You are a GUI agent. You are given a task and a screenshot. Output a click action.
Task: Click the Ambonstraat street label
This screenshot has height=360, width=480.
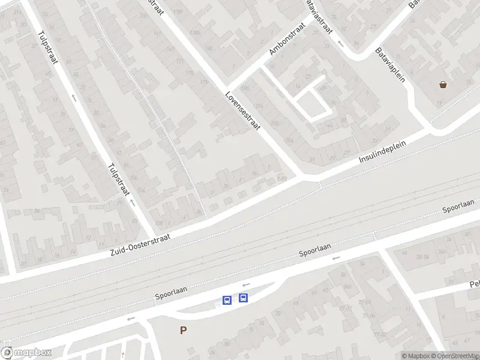coord(287,39)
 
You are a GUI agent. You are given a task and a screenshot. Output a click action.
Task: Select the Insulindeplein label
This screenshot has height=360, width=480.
coord(383,151)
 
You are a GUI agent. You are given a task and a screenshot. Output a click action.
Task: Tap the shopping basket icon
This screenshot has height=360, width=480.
coord(443,85)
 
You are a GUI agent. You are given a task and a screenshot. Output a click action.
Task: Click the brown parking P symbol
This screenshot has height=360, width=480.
coord(183,330)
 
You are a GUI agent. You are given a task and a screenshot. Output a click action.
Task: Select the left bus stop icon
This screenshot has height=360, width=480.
coord(227,300)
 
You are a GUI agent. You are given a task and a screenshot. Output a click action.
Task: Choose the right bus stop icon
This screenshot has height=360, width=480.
coord(243,297)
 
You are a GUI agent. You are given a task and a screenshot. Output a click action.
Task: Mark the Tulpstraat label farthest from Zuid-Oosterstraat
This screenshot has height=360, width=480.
coord(47,48)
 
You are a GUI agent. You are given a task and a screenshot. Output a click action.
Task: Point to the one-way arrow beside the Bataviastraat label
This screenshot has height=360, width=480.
coord(340,43)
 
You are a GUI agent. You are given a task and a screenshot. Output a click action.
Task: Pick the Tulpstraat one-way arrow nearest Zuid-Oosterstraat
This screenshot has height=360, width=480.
coord(133,203)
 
